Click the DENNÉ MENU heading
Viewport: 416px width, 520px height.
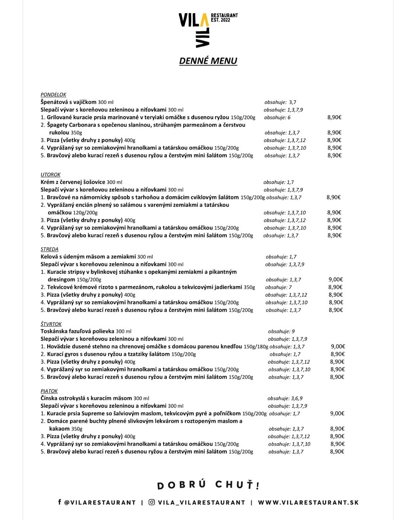tap(208, 61)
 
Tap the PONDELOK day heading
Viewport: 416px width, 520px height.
tap(53, 94)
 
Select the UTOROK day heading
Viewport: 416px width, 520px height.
tap(50, 174)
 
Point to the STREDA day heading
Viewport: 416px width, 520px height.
tap(49, 249)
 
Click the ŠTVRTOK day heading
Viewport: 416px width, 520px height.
tap(51, 324)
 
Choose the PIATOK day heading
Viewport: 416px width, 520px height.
tap(49, 391)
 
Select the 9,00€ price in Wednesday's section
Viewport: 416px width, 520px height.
tap(335, 280)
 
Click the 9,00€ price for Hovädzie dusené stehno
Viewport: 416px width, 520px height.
tap(338, 347)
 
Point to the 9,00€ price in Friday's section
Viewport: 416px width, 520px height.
tap(337, 413)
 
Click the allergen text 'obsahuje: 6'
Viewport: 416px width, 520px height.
tap(277, 117)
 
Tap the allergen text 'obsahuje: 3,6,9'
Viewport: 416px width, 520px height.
tap(285, 398)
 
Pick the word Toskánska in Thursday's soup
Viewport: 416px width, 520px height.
tap(54, 331)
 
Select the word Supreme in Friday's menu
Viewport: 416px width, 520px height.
tap(93, 413)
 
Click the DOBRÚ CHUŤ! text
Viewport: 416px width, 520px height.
tap(208, 485)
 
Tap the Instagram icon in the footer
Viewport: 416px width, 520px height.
tap(152, 502)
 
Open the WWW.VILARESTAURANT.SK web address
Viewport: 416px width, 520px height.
tap(308, 502)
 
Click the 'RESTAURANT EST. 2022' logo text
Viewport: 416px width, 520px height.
tap(224, 18)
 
